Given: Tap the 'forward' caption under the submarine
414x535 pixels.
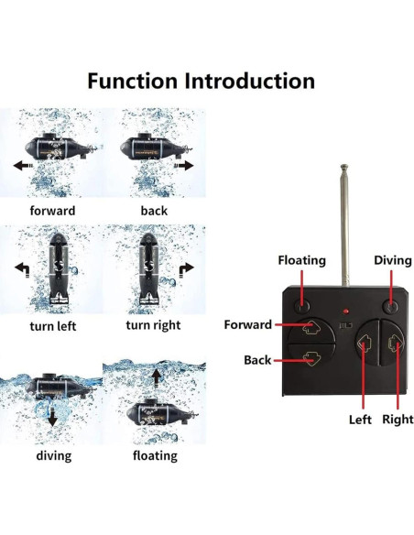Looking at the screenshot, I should pyautogui.click(x=51, y=211).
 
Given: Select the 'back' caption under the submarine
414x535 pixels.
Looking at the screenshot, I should pyautogui.click(x=154, y=211).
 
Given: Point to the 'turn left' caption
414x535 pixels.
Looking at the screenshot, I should pyautogui.click(x=52, y=325).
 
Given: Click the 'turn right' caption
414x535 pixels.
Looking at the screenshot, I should pyautogui.click(x=153, y=325).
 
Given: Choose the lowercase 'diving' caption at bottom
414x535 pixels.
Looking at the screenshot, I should pyautogui.click(x=52, y=455).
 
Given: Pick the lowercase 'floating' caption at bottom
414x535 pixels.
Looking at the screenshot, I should pyautogui.click(x=155, y=455).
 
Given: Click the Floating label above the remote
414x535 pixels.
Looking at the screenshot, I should pyautogui.click(x=301, y=260).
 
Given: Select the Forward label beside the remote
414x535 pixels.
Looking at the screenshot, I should pyautogui.click(x=247, y=324).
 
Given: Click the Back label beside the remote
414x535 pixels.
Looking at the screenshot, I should pyautogui.click(x=257, y=360).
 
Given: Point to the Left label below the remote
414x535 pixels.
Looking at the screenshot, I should pyautogui.click(x=360, y=420).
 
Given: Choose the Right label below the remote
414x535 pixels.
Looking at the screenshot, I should pyautogui.click(x=398, y=420).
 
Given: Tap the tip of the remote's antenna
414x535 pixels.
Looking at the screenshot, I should pyautogui.click(x=344, y=169).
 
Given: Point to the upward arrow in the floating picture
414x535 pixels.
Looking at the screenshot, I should pyautogui.click(x=156, y=376).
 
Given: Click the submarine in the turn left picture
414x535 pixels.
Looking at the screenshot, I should pyautogui.click(x=52, y=270).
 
